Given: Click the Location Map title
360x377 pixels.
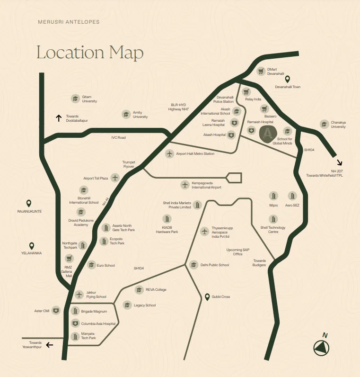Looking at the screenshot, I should (x=90, y=52).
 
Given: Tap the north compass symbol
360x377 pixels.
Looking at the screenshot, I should (x=322, y=347).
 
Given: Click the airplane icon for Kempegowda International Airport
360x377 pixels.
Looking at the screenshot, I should (x=185, y=184).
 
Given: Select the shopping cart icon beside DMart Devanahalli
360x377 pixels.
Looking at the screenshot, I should (x=261, y=71).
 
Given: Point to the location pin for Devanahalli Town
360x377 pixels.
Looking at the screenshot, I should (x=287, y=80).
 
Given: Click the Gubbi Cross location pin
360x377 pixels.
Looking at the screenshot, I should (x=207, y=296).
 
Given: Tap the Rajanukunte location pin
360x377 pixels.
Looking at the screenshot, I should (x=29, y=203).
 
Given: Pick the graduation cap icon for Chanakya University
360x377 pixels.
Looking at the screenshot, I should (x=324, y=124).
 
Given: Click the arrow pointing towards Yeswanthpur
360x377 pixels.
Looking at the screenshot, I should (x=49, y=345).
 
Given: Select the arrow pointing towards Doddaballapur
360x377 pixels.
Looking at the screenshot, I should (x=59, y=118).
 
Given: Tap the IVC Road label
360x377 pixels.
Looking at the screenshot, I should (x=118, y=137).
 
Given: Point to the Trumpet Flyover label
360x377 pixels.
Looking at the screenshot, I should (x=129, y=164).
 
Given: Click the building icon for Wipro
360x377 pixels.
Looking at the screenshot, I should (x=273, y=196).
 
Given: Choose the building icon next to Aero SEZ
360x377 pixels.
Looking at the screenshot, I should (x=292, y=196).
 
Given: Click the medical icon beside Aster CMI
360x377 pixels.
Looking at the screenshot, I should (x=56, y=311).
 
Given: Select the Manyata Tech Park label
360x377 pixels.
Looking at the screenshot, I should (x=88, y=336).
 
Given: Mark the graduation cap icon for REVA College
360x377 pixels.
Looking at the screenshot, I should (x=139, y=289).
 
